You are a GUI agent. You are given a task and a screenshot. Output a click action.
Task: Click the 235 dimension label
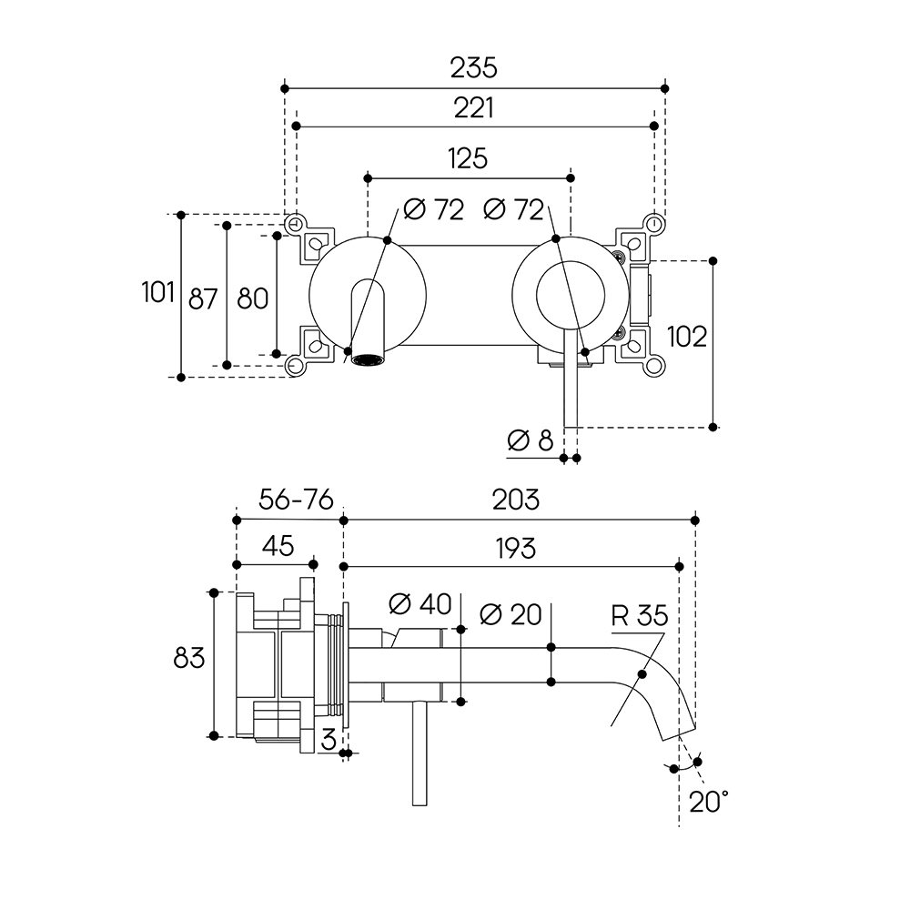point(474,67)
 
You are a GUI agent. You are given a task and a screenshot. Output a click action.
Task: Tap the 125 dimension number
point(468,158)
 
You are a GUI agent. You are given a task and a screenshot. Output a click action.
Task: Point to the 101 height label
point(157,294)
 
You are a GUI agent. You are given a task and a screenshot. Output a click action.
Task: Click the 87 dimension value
point(203,298)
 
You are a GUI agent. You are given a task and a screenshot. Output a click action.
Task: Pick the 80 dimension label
point(252,298)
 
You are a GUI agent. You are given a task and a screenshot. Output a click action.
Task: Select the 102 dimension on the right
point(686,336)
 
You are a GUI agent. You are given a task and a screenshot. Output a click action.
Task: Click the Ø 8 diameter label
point(531,440)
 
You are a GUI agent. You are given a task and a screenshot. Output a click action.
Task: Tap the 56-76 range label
point(284,499)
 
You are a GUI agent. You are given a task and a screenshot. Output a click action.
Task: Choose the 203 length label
point(516,499)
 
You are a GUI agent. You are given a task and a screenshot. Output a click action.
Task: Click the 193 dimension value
point(515,548)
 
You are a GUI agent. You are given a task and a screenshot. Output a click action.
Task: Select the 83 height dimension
point(188,657)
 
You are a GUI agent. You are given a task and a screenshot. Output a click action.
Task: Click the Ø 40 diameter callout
point(420,603)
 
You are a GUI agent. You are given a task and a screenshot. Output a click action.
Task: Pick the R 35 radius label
point(640,615)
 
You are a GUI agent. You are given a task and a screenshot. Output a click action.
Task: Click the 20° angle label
point(709,802)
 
